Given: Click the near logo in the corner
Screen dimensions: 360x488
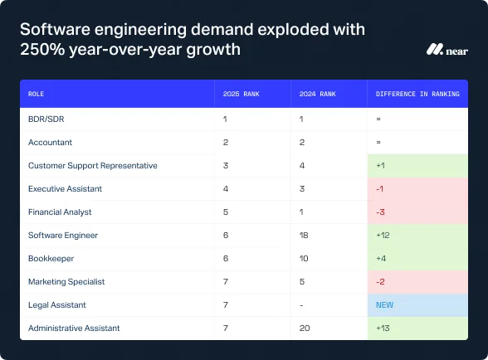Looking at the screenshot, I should coord(444,49).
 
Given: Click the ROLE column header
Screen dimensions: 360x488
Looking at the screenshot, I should coord(37,94).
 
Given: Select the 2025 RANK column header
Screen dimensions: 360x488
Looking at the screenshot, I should coord(242,94).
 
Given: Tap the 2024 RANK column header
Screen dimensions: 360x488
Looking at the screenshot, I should coord(319,94).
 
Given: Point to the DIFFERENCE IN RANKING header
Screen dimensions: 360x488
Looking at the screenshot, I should coord(417,94).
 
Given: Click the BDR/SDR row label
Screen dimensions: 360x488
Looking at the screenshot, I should coord(46,119).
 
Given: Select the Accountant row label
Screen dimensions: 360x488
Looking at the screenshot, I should coord(50,142).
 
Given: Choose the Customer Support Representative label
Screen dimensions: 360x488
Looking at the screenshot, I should coord(92,165).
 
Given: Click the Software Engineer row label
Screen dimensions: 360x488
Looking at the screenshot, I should coord(63,235).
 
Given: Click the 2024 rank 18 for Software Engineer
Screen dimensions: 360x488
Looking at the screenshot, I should coord(305,235).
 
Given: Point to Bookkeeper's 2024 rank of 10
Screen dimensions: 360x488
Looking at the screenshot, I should coord(305,258).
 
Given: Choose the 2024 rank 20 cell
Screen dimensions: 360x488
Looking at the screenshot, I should coord(305,328).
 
